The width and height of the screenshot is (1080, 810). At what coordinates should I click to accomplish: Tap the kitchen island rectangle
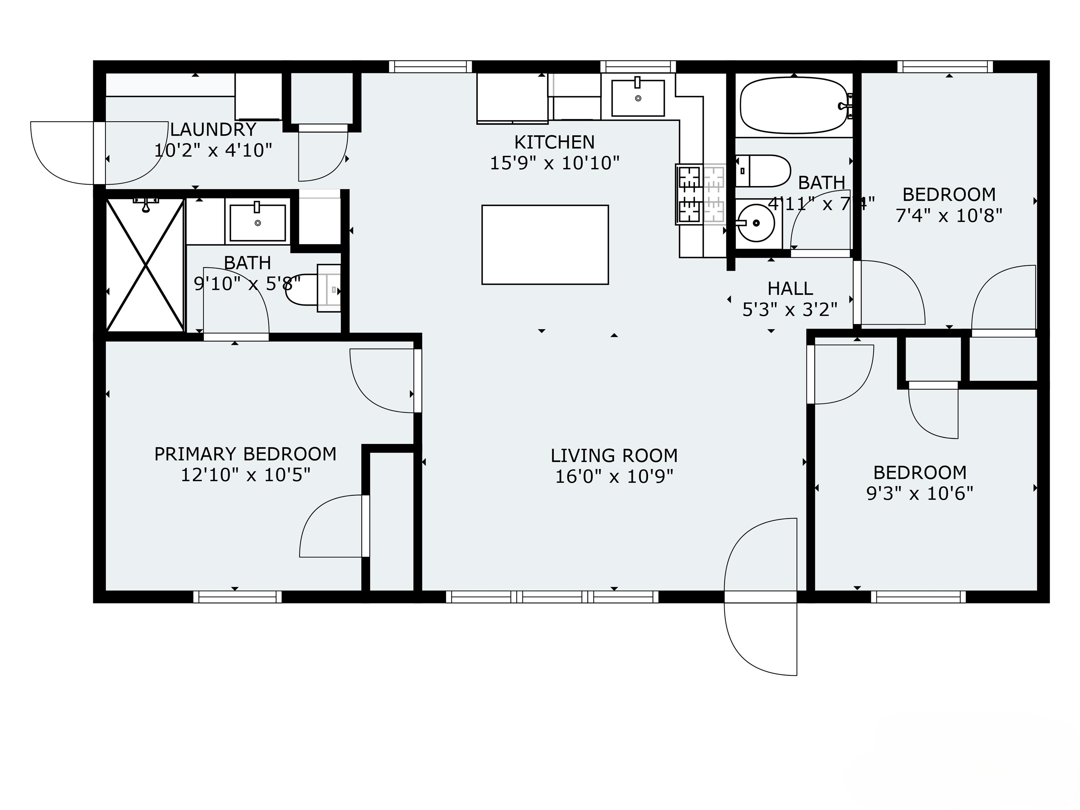tap(545, 245)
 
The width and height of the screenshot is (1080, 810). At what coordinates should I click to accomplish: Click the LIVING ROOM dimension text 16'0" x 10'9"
tap(614, 476)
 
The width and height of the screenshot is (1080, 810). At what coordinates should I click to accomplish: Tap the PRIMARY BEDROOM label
tap(245, 454)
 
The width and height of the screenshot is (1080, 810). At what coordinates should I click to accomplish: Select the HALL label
tap(790, 289)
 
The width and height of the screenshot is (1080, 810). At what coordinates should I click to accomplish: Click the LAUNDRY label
tap(213, 129)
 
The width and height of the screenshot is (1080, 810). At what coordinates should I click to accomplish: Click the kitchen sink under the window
tap(638, 98)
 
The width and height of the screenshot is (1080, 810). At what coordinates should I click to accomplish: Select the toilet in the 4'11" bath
tap(762, 171)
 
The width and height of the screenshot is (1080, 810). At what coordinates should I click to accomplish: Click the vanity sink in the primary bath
tap(258, 223)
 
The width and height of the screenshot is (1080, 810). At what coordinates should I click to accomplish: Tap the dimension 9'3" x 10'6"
tap(919, 494)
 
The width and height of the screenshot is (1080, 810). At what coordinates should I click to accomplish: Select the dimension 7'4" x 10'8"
tap(949, 215)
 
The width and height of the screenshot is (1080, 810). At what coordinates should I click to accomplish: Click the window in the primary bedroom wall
tap(237, 597)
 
